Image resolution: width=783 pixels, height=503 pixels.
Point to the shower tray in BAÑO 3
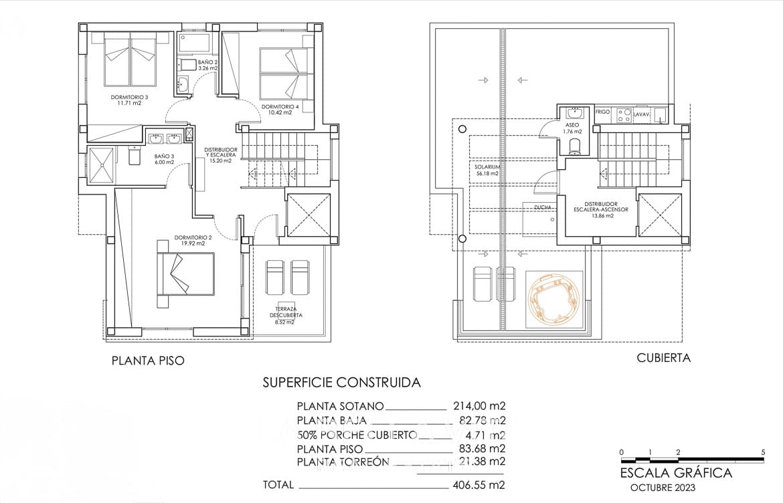point(102,164)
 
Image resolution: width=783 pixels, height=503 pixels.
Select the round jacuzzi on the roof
point(554,298)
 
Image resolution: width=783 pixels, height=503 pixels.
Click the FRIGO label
point(602,112)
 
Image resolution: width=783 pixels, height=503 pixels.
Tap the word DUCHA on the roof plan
point(543,207)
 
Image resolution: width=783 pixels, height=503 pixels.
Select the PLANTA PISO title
point(147,361)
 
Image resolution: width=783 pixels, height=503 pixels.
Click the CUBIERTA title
point(663,358)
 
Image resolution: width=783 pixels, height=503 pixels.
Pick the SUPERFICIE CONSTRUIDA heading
point(341,383)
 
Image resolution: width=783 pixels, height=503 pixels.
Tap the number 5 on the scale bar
point(763,452)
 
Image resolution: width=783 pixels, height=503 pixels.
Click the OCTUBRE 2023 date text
point(662,488)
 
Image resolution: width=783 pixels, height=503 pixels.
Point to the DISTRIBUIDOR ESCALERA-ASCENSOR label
point(600,210)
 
